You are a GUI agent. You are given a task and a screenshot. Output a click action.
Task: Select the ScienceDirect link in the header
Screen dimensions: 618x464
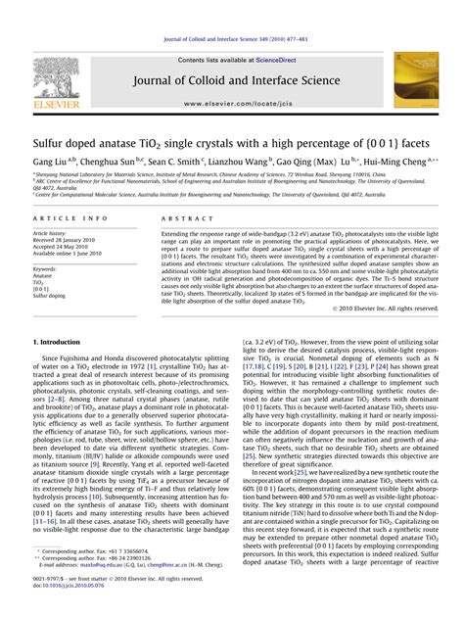tap(263, 59)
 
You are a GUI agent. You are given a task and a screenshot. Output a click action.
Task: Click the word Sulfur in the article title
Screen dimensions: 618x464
tap(51, 142)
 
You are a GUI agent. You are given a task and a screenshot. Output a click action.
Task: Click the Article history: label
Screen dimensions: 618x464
tap(49, 234)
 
